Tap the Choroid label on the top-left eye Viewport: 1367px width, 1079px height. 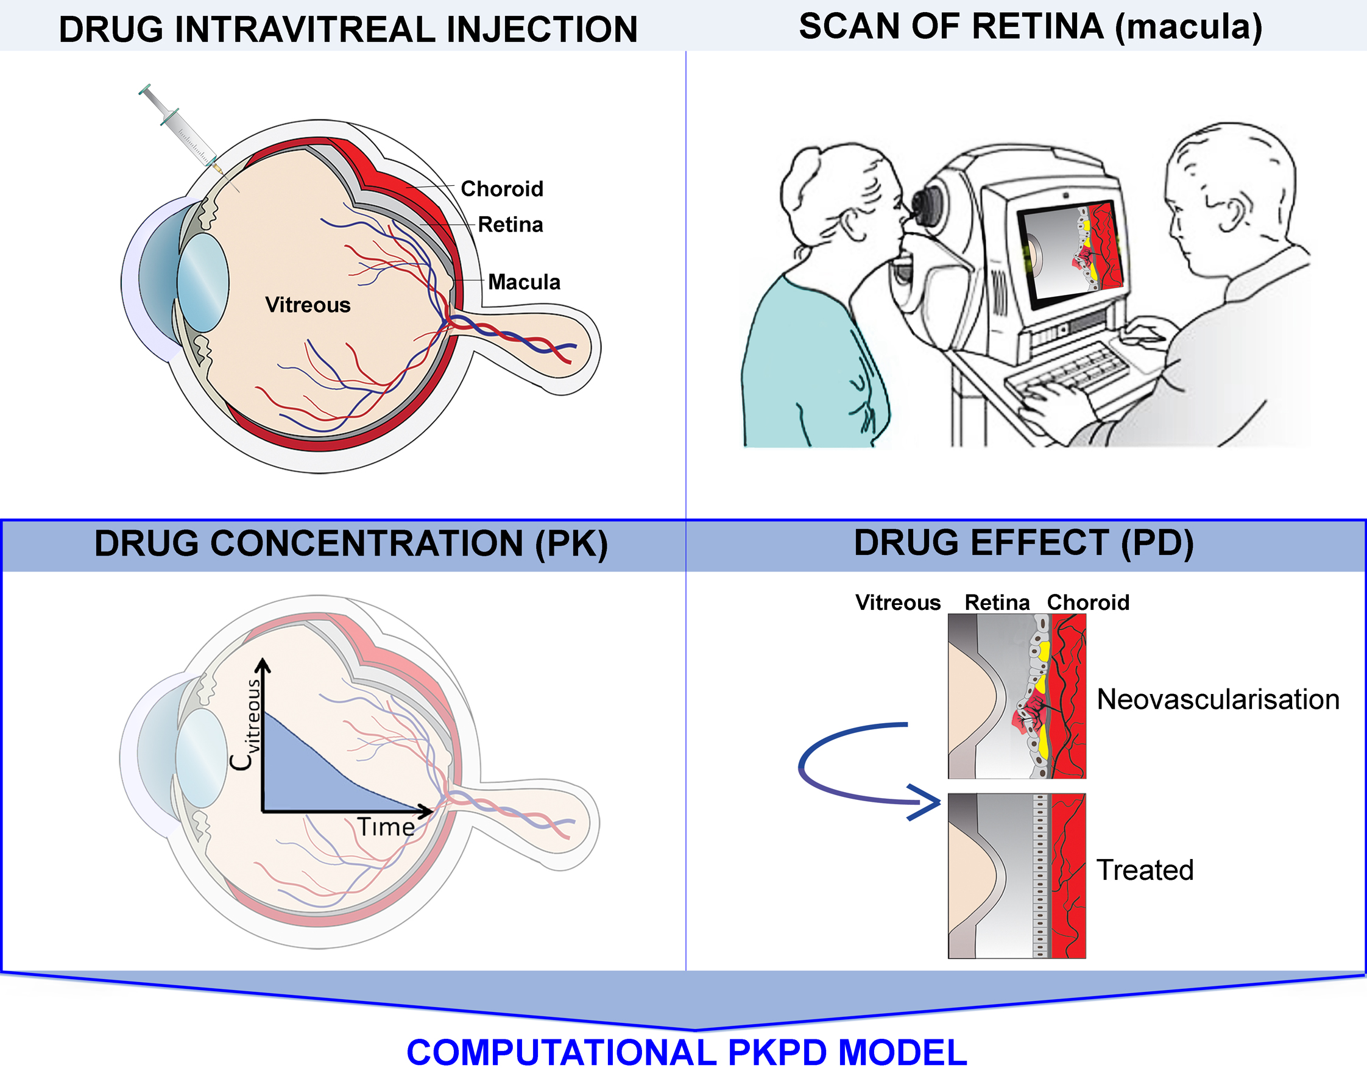[501, 189]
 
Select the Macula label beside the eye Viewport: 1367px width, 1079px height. [524, 281]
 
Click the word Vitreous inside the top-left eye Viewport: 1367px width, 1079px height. [308, 305]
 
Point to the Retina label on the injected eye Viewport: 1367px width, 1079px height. [510, 225]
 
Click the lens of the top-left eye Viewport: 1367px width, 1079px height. [203, 282]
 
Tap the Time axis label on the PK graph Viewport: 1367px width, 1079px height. [386, 827]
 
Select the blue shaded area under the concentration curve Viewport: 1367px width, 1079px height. [303, 771]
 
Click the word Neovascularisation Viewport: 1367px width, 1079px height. [1218, 700]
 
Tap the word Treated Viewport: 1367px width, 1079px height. [1145, 871]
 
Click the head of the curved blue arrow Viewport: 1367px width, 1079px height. [924, 802]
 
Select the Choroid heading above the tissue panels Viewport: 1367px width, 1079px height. [1088, 603]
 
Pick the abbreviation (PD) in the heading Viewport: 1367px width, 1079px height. [1157, 543]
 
